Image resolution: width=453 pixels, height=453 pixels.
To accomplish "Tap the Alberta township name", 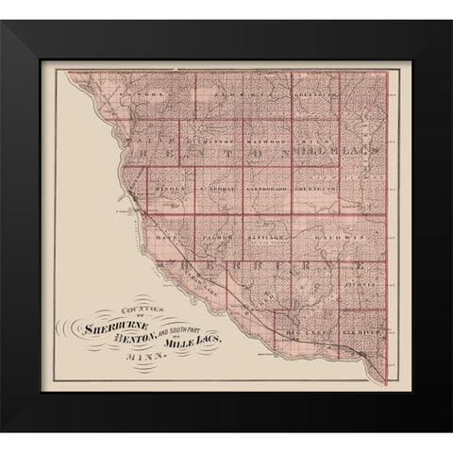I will (231, 95).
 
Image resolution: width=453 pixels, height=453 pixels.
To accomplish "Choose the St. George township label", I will (216, 189).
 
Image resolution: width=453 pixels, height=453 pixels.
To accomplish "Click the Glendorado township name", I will (265, 189).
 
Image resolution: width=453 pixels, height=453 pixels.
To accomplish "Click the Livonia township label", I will (366, 281).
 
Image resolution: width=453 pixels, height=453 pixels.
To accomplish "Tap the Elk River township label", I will (362, 333).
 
